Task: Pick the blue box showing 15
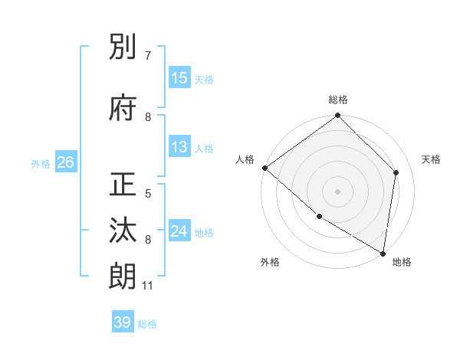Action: [179, 78]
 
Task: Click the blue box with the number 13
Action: [179, 148]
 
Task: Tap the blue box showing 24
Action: [179, 231]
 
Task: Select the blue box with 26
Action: [65, 162]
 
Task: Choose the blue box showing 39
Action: [123, 322]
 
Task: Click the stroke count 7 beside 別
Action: [148, 56]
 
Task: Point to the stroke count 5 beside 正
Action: [148, 194]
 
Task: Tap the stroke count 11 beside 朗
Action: [148, 286]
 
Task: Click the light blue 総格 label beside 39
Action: [147, 324]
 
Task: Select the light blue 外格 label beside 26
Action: [41, 163]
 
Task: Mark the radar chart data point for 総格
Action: [337, 116]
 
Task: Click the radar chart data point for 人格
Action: [264, 168]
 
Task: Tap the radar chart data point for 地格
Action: [383, 253]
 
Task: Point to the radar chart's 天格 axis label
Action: [432, 159]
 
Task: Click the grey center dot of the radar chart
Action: [337, 191]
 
